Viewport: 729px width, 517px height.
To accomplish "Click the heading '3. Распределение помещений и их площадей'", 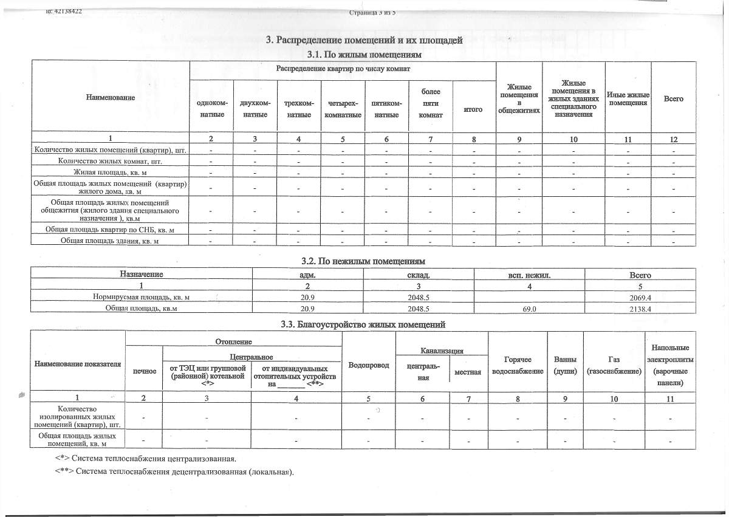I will [x=364, y=41].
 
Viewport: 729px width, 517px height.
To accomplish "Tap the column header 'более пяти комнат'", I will [x=430, y=103].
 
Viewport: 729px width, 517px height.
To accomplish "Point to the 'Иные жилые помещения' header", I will [x=628, y=98].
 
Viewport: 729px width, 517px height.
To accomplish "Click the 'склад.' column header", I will [x=419, y=275].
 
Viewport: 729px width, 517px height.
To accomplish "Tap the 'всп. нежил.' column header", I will [x=529, y=275].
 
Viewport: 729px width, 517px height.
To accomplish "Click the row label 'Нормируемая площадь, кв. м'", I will [x=141, y=297].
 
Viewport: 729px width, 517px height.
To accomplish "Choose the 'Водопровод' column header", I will [x=368, y=365].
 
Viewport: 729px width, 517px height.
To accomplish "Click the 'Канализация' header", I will [x=443, y=351].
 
